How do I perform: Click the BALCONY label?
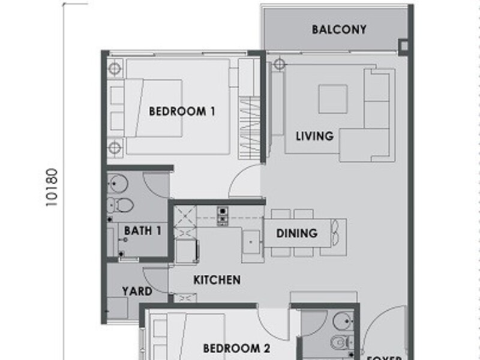tap(339, 29)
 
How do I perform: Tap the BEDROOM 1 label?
tap(182, 111)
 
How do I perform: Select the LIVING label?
tap(314, 136)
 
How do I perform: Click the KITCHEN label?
tap(217, 280)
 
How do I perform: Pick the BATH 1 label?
tap(142, 230)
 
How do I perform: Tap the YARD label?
tap(137, 292)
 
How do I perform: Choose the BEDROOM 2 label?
tap(236, 349)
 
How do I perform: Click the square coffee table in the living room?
tap(332, 99)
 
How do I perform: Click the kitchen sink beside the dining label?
tap(251, 242)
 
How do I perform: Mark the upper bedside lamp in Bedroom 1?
tap(115, 68)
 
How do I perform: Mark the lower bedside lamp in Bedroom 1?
tap(115, 147)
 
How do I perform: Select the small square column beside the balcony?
tap(403, 46)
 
